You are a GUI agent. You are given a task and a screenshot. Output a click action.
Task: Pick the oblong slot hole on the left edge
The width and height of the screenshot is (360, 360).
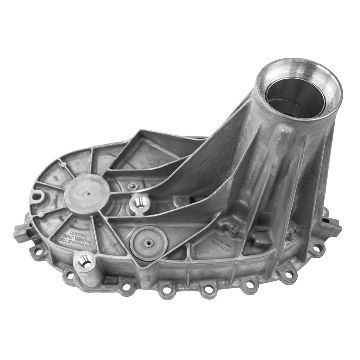(37, 195)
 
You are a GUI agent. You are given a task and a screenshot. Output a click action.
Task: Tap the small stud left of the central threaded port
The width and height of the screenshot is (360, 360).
(132, 186)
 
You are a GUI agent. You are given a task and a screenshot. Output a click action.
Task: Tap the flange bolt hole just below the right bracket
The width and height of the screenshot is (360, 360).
(317, 249)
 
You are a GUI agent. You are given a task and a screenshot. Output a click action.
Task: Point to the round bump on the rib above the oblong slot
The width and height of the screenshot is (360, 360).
(63, 164)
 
